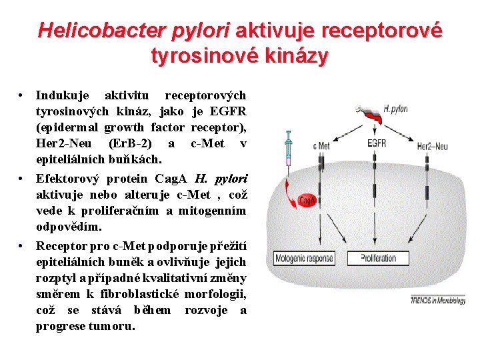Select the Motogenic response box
point(305,257)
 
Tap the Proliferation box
point(378,257)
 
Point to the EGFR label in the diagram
point(377,142)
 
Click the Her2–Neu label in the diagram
point(433,146)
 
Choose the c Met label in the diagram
point(321,146)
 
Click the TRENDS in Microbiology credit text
point(437,301)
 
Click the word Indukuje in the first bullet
point(61,96)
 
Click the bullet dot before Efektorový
point(22,179)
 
